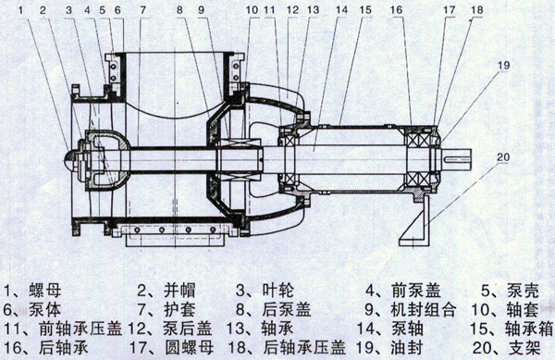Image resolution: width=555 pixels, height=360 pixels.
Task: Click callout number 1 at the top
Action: click(x=21, y=9)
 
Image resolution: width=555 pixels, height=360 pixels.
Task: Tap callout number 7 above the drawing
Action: click(x=142, y=9)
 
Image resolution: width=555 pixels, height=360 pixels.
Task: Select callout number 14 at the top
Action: click(x=342, y=9)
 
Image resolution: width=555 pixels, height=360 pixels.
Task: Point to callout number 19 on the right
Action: click(x=503, y=65)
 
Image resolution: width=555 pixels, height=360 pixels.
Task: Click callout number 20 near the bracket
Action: click(x=503, y=156)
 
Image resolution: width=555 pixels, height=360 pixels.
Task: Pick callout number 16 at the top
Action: click(x=397, y=9)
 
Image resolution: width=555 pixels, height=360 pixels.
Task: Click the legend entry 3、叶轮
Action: click(x=265, y=291)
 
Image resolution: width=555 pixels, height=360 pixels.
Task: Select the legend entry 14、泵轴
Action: click(x=389, y=329)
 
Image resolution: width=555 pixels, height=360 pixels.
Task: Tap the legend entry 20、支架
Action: click(x=507, y=348)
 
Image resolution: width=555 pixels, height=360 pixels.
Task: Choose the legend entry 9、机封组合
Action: click(x=410, y=310)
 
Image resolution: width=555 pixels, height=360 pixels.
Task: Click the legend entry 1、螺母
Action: click(x=32, y=291)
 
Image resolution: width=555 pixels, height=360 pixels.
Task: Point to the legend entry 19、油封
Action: click(x=389, y=348)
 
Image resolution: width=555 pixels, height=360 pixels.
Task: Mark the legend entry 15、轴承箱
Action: click(x=512, y=329)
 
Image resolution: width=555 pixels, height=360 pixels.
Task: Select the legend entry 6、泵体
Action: click(x=31, y=310)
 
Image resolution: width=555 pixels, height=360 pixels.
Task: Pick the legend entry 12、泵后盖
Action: click(x=169, y=329)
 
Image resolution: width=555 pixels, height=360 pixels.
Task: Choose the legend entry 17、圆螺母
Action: click(x=171, y=348)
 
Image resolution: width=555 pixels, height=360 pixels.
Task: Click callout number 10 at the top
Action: click(x=252, y=9)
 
